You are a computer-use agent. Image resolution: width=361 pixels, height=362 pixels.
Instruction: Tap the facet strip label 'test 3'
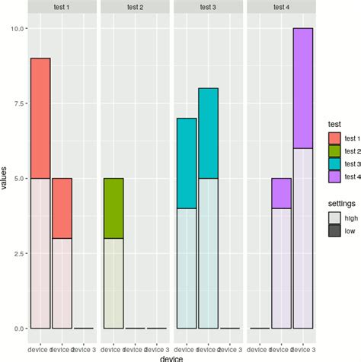(x=208, y=7)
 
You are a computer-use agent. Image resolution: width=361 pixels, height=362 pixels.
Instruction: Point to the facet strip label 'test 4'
(x=281, y=7)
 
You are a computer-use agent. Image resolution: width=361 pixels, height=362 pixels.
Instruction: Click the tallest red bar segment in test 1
(x=40, y=119)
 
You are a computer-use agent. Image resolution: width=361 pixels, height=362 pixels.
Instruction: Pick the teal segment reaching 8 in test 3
(x=208, y=133)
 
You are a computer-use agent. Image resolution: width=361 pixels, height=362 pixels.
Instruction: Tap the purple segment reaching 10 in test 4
(x=302, y=87)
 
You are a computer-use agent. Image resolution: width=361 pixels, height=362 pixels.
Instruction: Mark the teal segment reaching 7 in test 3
(x=187, y=163)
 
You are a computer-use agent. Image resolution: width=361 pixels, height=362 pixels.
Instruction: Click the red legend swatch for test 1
(x=333, y=138)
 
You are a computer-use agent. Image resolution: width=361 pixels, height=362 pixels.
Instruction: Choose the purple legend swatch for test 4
(x=333, y=176)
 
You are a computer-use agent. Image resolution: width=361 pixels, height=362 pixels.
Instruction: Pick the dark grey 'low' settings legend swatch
(x=333, y=229)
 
